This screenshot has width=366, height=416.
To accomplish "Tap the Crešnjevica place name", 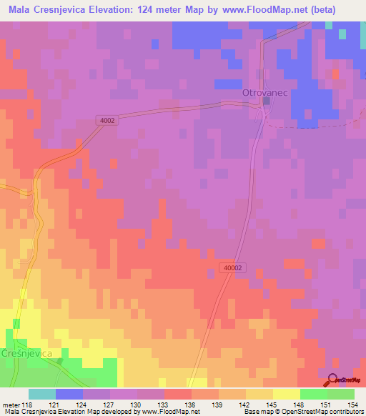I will click(28, 353).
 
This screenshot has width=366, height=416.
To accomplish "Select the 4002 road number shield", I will click(107, 122).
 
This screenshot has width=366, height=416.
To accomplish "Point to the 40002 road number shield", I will click(232, 266).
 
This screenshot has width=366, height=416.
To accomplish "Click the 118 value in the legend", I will click(28, 404).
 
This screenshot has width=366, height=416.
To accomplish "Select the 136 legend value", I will click(190, 404).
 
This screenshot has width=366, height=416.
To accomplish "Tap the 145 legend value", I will click(272, 404).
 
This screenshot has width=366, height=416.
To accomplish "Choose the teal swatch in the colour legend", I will click(41, 394).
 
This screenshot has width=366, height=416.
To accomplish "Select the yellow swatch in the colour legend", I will click(286, 394).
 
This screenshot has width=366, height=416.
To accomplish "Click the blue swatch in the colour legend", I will click(69, 394).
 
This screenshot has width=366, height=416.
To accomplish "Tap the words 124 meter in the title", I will click(152, 9).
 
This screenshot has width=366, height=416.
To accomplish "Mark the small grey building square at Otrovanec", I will click(266, 101).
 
